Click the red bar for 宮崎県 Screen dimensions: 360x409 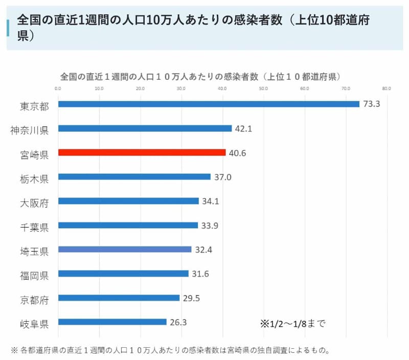coord(142,152)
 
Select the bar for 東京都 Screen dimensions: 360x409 coord(209,104)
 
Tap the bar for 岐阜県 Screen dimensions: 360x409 coord(112,322)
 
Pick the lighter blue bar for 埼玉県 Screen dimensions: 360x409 coord(125,250)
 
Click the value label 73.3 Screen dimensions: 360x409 coord(372,104)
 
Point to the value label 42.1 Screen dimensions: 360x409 coord(243,128)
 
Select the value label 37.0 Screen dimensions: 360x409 coord(222,177)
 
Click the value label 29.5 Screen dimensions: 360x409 coord(192,298)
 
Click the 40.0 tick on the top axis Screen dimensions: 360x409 coord(222,88)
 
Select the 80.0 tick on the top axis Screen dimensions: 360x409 coord(387,88)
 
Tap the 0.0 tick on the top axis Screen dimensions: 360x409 coord(58,88)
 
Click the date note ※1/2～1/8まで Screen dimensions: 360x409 coord(293,323)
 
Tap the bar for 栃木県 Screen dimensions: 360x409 coord(134,177)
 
